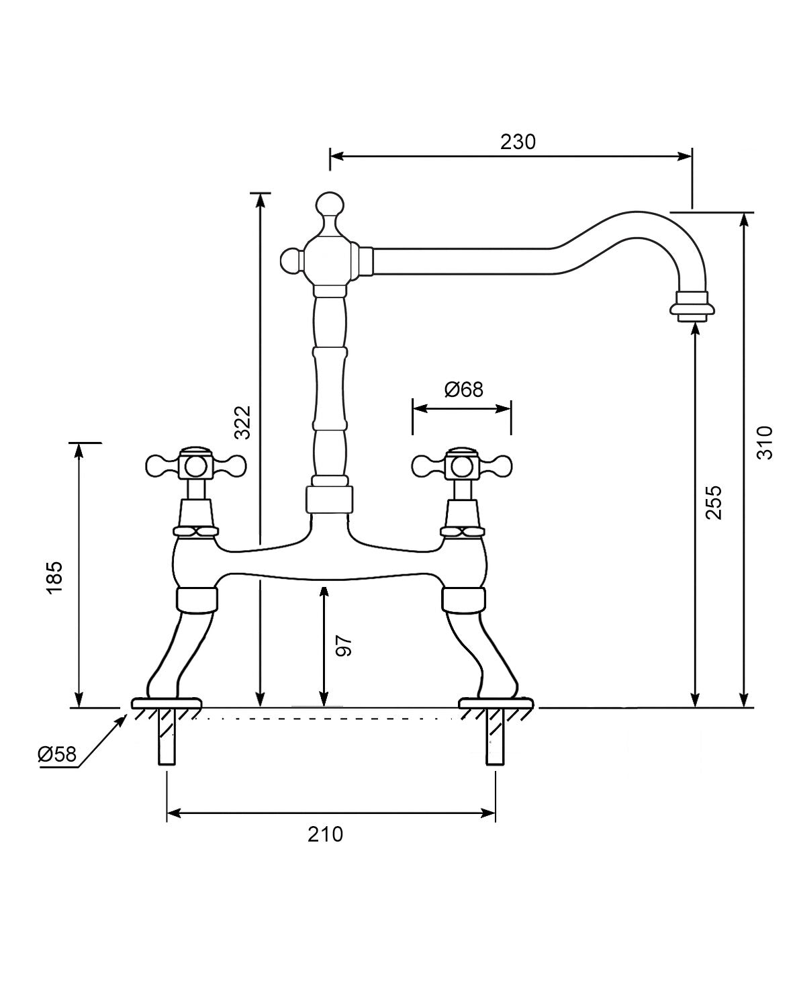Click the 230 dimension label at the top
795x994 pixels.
[x=518, y=142]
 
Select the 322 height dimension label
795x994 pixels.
[x=242, y=422]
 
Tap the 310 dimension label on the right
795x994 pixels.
[x=765, y=443]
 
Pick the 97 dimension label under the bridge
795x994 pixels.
[x=344, y=645]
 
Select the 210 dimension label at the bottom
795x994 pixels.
[x=326, y=833]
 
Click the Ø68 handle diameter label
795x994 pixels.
[x=463, y=389]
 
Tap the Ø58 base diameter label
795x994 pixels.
[x=57, y=754]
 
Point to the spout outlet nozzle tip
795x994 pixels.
[x=692, y=308]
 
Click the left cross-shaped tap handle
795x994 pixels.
[x=196, y=465]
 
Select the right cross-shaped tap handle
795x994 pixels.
[x=463, y=465]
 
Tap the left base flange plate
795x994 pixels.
[x=167, y=703]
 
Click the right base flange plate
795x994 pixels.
[x=496, y=703]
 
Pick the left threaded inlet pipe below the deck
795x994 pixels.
[x=167, y=739]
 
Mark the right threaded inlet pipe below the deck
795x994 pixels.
[x=495, y=739]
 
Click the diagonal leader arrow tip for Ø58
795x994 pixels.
[x=124, y=717]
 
